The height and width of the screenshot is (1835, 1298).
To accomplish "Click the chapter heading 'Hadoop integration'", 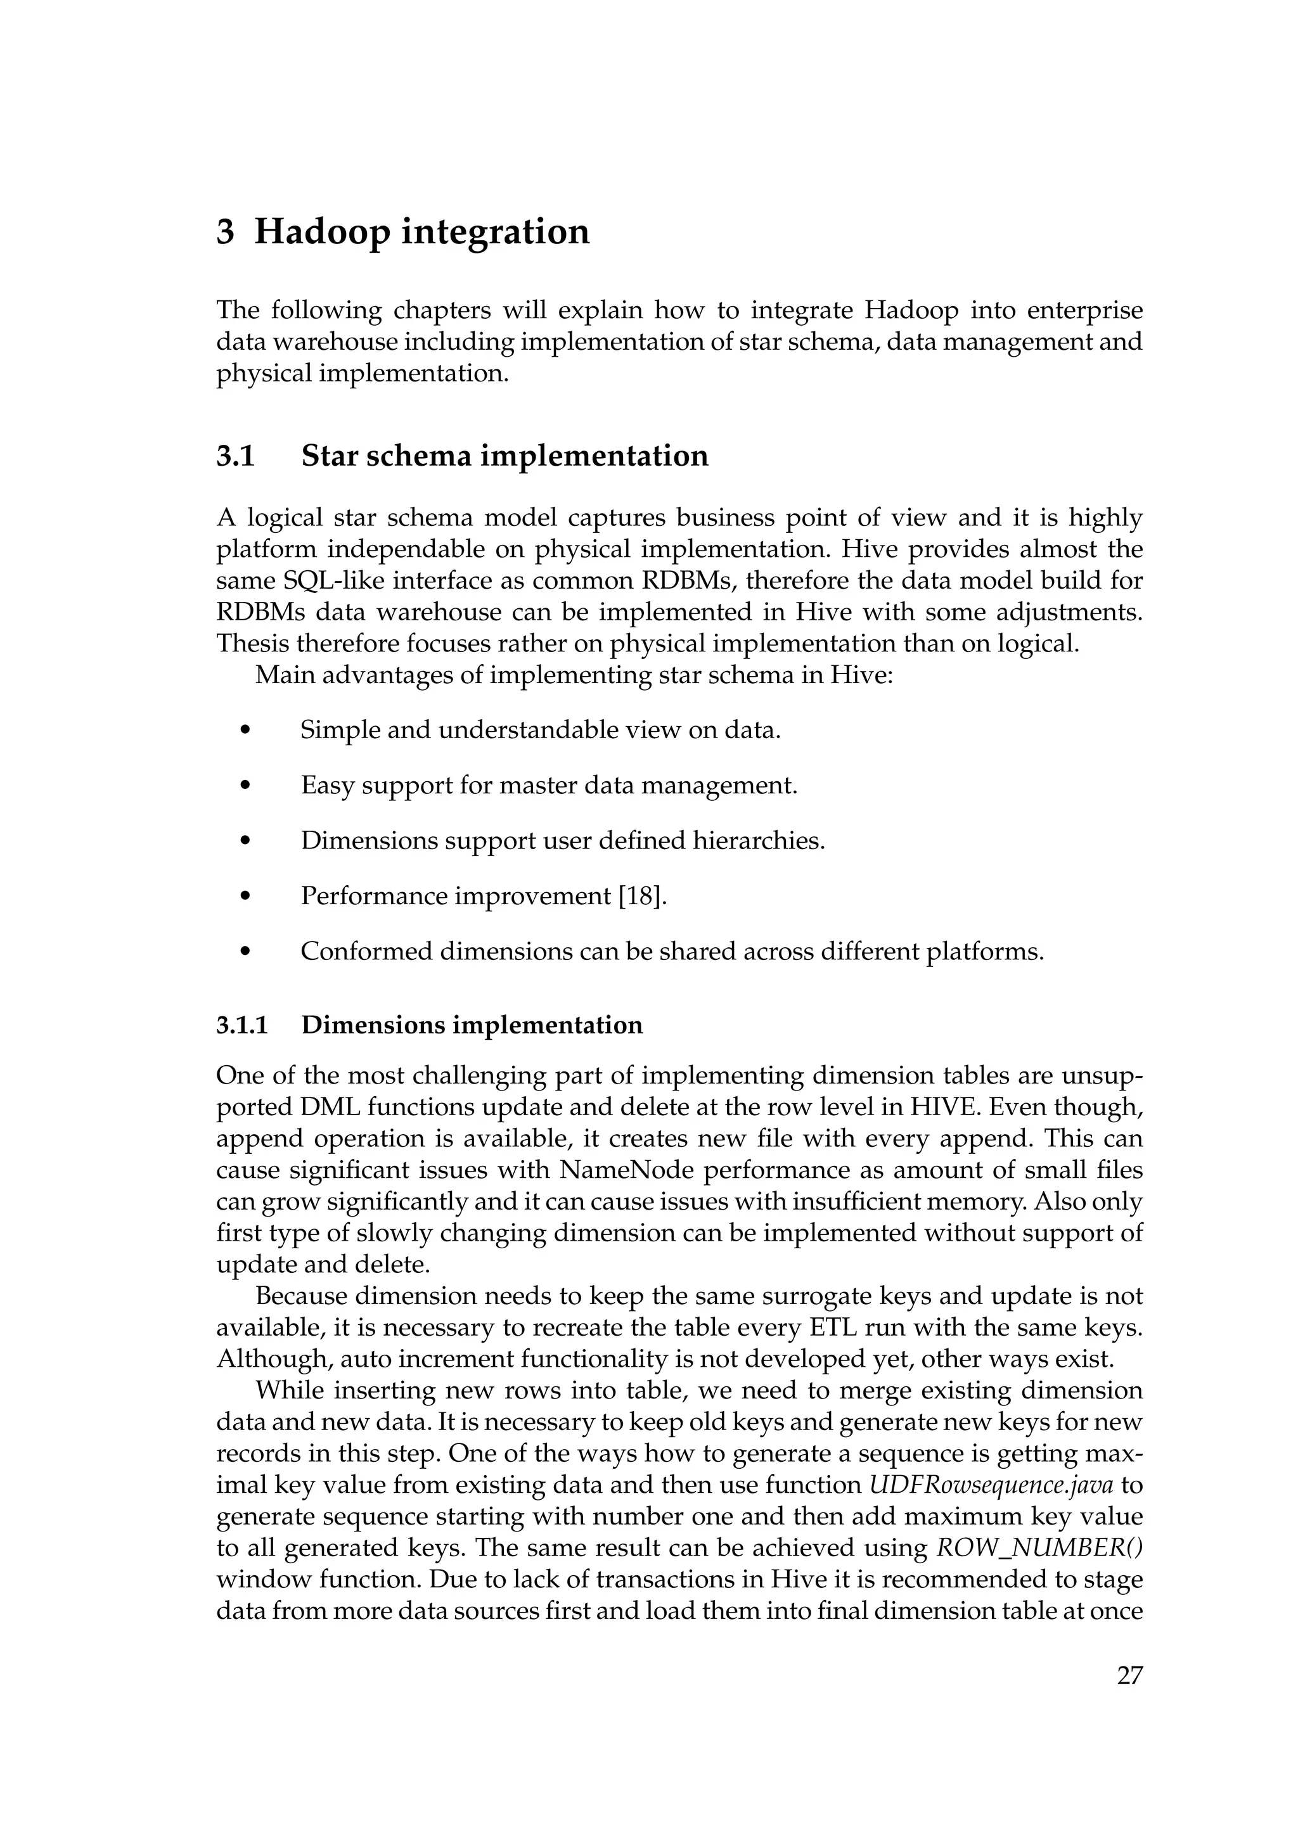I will pos(421,233).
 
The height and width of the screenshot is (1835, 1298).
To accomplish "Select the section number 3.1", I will pos(235,456).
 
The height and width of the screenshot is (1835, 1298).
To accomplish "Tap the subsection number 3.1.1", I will pos(242,1025).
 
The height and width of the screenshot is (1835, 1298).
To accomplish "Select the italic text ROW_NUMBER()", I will pos(1038,1548).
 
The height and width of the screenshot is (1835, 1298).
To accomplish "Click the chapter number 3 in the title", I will pos(226,233).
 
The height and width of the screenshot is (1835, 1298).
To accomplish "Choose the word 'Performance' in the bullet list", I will pos(374,896).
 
